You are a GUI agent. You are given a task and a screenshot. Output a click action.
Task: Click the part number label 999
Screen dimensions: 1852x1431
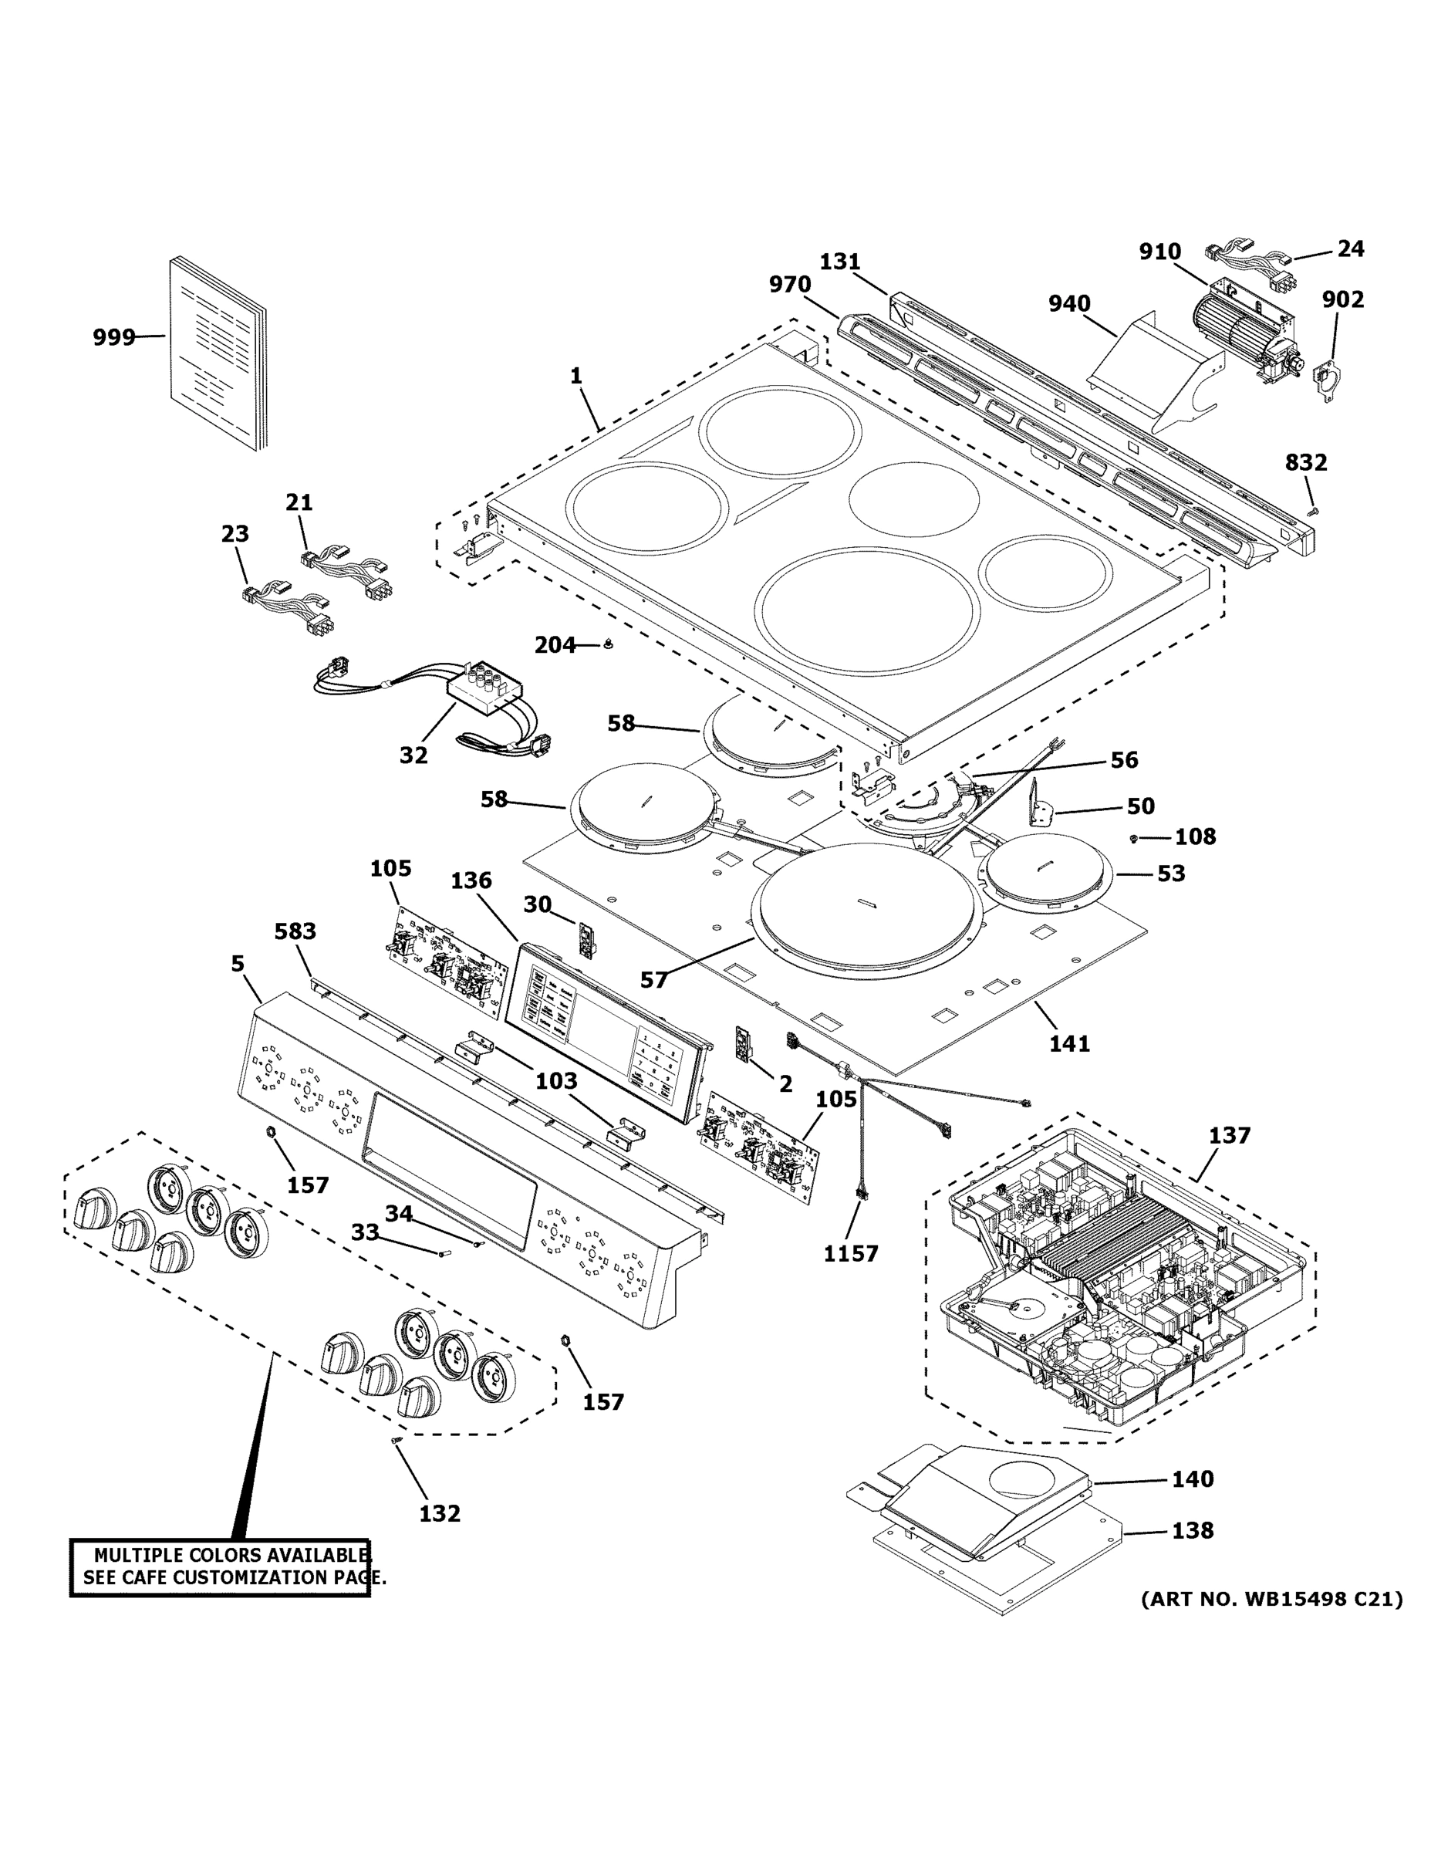(113, 337)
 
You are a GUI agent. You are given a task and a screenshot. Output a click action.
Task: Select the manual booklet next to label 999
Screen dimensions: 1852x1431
(217, 354)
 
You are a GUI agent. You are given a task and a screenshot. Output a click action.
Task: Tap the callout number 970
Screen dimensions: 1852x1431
(790, 285)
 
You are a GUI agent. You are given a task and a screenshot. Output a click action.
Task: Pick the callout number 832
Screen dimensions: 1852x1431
(1305, 463)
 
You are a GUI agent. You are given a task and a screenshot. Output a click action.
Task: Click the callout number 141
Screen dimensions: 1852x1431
(1070, 1043)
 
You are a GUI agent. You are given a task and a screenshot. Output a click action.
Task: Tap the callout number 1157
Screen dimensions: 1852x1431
(851, 1253)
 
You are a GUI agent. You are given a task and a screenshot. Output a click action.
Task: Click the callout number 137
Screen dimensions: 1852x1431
(1229, 1134)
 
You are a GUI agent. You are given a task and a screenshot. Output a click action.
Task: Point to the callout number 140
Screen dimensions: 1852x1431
(1193, 1479)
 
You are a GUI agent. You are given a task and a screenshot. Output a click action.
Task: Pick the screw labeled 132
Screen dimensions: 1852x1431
(395, 1440)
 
